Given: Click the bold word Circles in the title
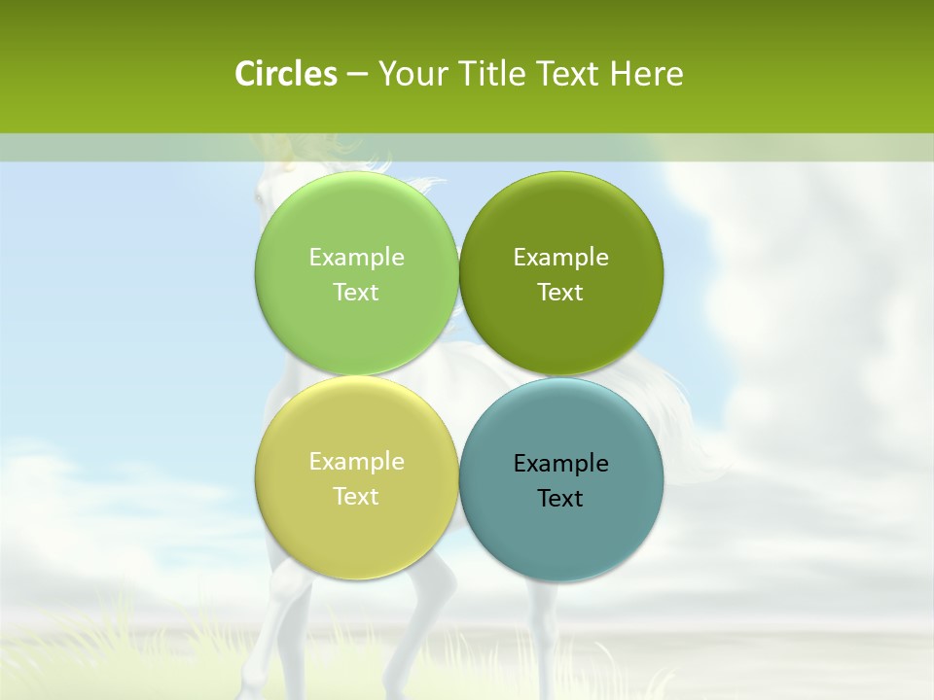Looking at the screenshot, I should [x=286, y=74].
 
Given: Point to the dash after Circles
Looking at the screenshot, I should [x=357, y=75].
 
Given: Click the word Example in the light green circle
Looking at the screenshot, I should [x=356, y=258].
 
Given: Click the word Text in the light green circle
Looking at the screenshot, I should [x=356, y=293].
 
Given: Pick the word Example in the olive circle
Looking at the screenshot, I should [x=560, y=258].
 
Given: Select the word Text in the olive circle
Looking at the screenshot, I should [x=560, y=293].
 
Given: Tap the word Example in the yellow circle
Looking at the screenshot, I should [x=356, y=462].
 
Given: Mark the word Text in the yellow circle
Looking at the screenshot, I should [x=356, y=497].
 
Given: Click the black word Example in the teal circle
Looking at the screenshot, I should [x=560, y=464].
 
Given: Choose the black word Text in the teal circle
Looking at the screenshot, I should [x=560, y=499].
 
